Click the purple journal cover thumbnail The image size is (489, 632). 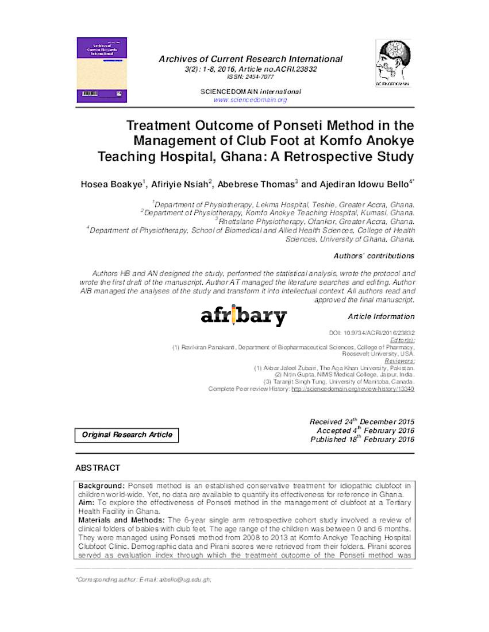(x=102, y=70)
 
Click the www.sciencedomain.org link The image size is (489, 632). (x=250, y=100)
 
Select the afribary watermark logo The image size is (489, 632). (x=244, y=316)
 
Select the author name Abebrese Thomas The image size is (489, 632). (x=256, y=184)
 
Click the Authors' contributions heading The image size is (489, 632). (x=374, y=256)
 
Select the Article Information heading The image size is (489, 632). (x=380, y=317)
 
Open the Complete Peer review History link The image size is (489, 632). (x=352, y=389)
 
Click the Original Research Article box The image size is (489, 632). (x=127, y=435)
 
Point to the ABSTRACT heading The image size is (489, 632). (x=98, y=468)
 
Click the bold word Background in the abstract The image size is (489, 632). (x=101, y=486)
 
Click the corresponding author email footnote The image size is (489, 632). (x=144, y=580)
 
